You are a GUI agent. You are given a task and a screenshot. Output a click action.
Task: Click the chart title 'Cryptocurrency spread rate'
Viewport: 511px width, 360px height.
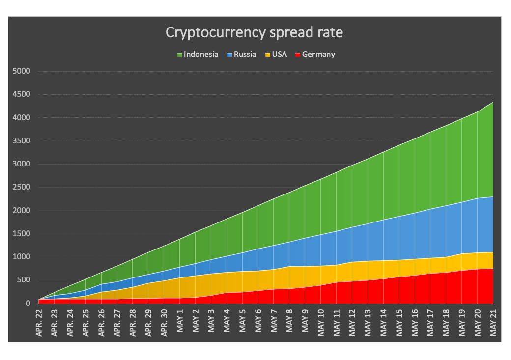254,32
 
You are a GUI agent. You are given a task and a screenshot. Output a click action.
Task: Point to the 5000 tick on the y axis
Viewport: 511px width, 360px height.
21,71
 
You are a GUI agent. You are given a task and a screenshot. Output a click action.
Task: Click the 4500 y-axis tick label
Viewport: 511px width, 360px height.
21,94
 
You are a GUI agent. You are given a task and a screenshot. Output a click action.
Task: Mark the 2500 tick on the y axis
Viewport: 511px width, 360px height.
21,187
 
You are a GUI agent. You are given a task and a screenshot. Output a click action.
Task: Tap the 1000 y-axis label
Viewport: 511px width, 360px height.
21,257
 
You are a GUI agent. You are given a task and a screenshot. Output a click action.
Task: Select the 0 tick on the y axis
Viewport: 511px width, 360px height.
28,304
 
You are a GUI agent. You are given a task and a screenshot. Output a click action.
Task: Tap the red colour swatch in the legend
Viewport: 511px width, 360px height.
297,55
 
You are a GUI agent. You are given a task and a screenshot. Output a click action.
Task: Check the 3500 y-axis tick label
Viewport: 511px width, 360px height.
21,141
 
